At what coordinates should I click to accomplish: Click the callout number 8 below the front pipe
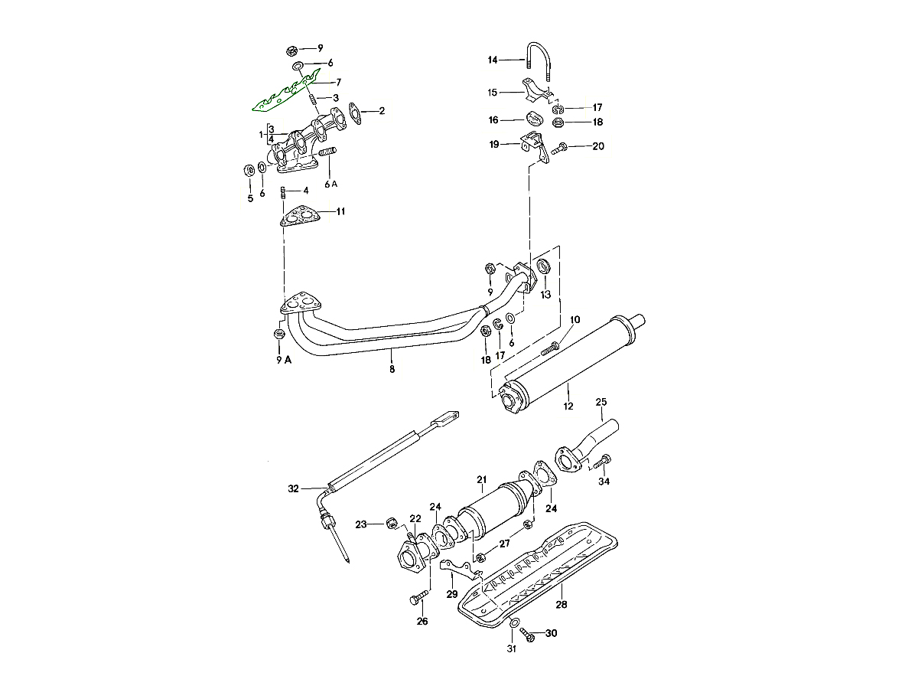[392, 369]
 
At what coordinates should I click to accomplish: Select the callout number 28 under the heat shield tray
[562, 605]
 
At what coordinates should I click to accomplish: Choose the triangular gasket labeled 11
[299, 217]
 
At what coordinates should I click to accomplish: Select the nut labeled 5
[249, 170]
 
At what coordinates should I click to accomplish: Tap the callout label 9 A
[283, 361]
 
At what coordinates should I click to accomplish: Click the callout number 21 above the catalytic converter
[482, 480]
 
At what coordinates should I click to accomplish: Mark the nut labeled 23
[389, 523]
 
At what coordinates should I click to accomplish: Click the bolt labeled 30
[527, 635]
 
